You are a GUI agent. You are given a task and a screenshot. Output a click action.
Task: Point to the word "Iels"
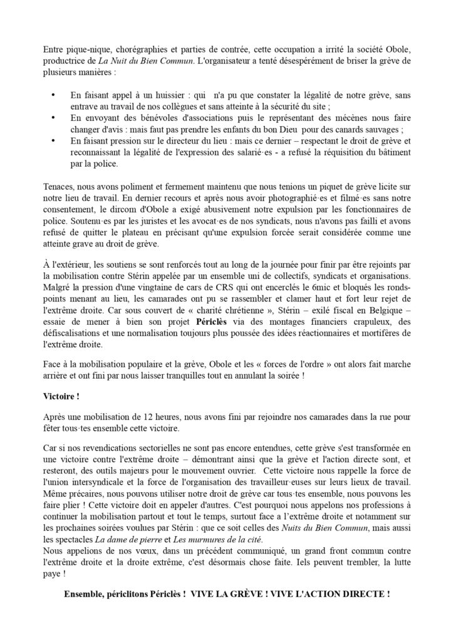coord(314,563)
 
